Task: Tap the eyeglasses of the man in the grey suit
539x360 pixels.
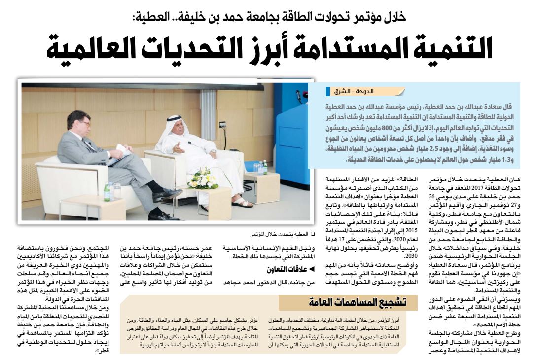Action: click(84, 123)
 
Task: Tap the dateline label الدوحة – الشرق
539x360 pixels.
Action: click(364, 92)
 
